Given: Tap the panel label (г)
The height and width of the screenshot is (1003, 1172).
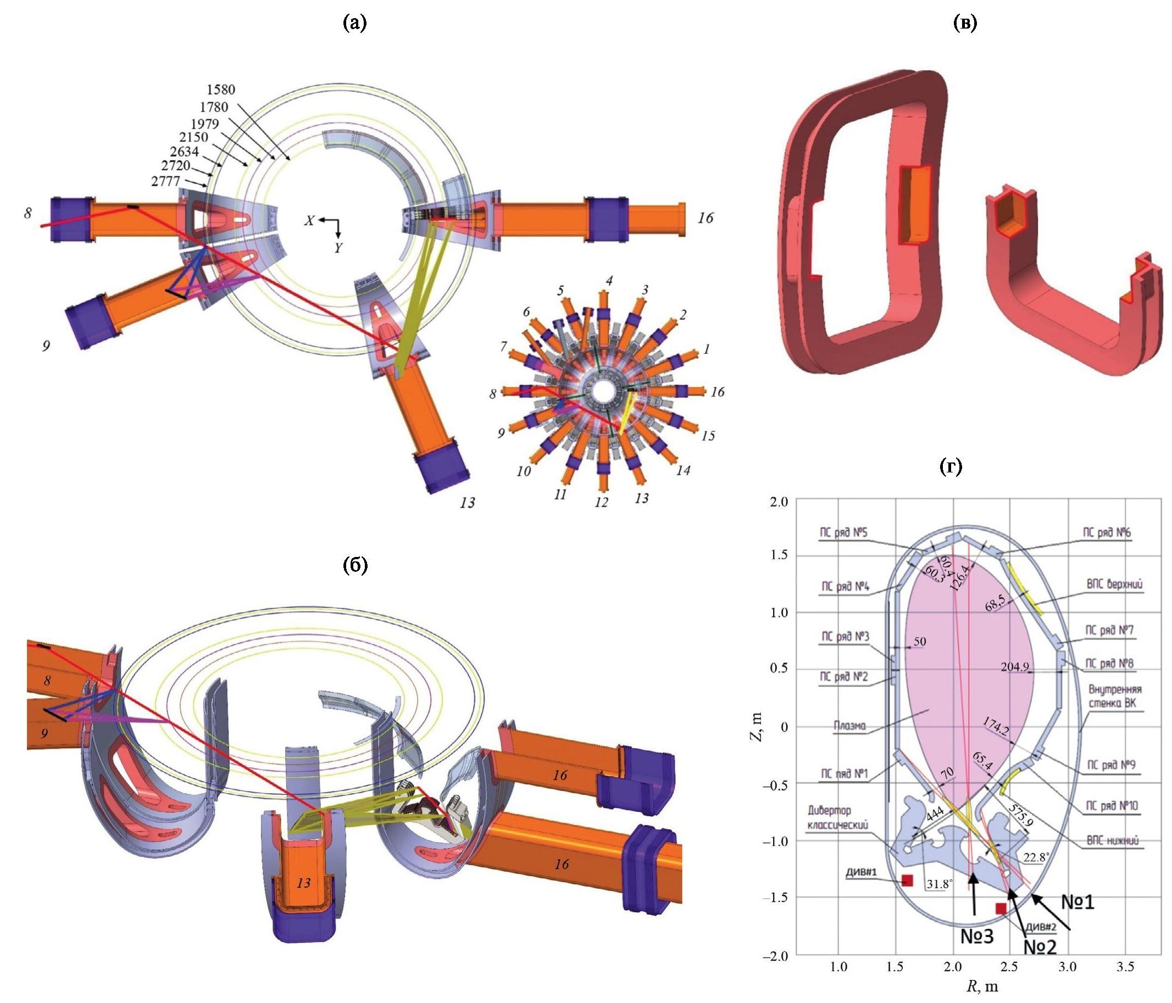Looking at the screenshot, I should tap(950, 466).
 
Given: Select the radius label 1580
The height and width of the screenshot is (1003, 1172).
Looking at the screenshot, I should tap(220, 90).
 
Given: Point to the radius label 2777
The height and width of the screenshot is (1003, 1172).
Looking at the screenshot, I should tap(166, 181).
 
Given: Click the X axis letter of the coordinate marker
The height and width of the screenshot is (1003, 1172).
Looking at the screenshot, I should tap(309, 220).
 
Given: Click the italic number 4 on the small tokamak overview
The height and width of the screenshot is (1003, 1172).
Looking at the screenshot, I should tap(609, 281).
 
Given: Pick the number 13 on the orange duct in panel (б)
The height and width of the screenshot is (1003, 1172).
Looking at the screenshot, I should tap(304, 883).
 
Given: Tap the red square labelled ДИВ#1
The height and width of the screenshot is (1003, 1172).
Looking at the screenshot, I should tap(907, 881).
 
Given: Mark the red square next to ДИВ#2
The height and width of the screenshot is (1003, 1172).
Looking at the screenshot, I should tap(1001, 909).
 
